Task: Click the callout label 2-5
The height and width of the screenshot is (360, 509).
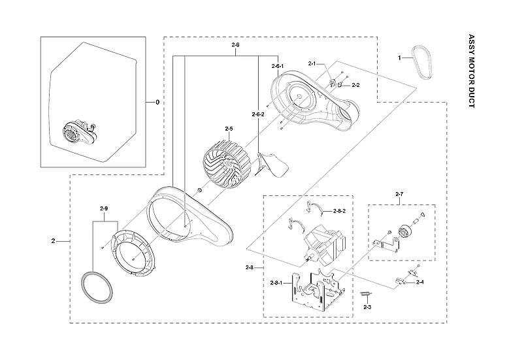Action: pyautogui.click(x=229, y=129)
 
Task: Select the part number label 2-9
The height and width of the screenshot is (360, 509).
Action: pyautogui.click(x=103, y=208)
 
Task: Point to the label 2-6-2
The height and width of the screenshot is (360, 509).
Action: pyautogui.click(x=258, y=114)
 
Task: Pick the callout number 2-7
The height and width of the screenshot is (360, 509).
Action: pyautogui.click(x=400, y=195)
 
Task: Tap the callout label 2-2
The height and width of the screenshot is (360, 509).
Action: pyautogui.click(x=355, y=85)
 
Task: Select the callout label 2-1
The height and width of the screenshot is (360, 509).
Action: pyautogui.click(x=312, y=63)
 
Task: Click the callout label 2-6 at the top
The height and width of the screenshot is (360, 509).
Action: pyautogui.click(x=235, y=44)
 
